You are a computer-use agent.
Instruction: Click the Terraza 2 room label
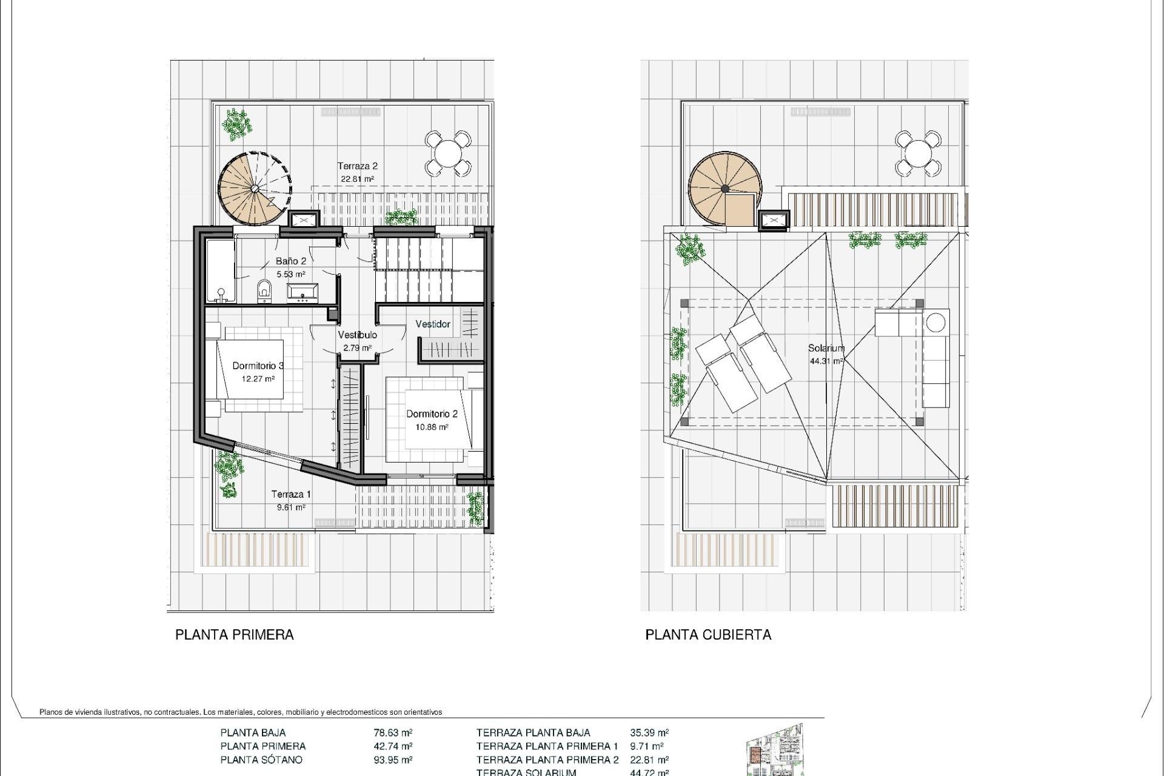[x=358, y=166]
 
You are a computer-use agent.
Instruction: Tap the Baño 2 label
[x=290, y=261]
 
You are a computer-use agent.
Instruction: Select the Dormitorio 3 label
[x=258, y=366]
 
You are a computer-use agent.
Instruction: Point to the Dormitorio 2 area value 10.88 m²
[x=432, y=427]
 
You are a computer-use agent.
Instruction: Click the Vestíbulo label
[x=357, y=335]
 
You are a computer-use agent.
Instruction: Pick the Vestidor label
[x=433, y=324]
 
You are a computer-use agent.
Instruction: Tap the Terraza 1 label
[x=291, y=495]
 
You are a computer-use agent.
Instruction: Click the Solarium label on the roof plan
[x=826, y=349]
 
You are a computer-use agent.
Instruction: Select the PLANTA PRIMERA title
[x=235, y=635]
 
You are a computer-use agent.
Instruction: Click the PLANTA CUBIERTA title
[x=708, y=635]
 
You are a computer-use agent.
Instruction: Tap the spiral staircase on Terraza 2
[x=254, y=189]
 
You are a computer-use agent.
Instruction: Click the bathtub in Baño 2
[x=220, y=271]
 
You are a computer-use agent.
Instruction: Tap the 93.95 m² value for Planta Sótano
[x=393, y=760]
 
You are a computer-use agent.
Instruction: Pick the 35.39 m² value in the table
[x=649, y=733]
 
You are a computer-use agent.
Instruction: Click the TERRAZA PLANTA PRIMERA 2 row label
[x=547, y=760]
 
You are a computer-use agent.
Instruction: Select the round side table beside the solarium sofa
[x=937, y=322]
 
